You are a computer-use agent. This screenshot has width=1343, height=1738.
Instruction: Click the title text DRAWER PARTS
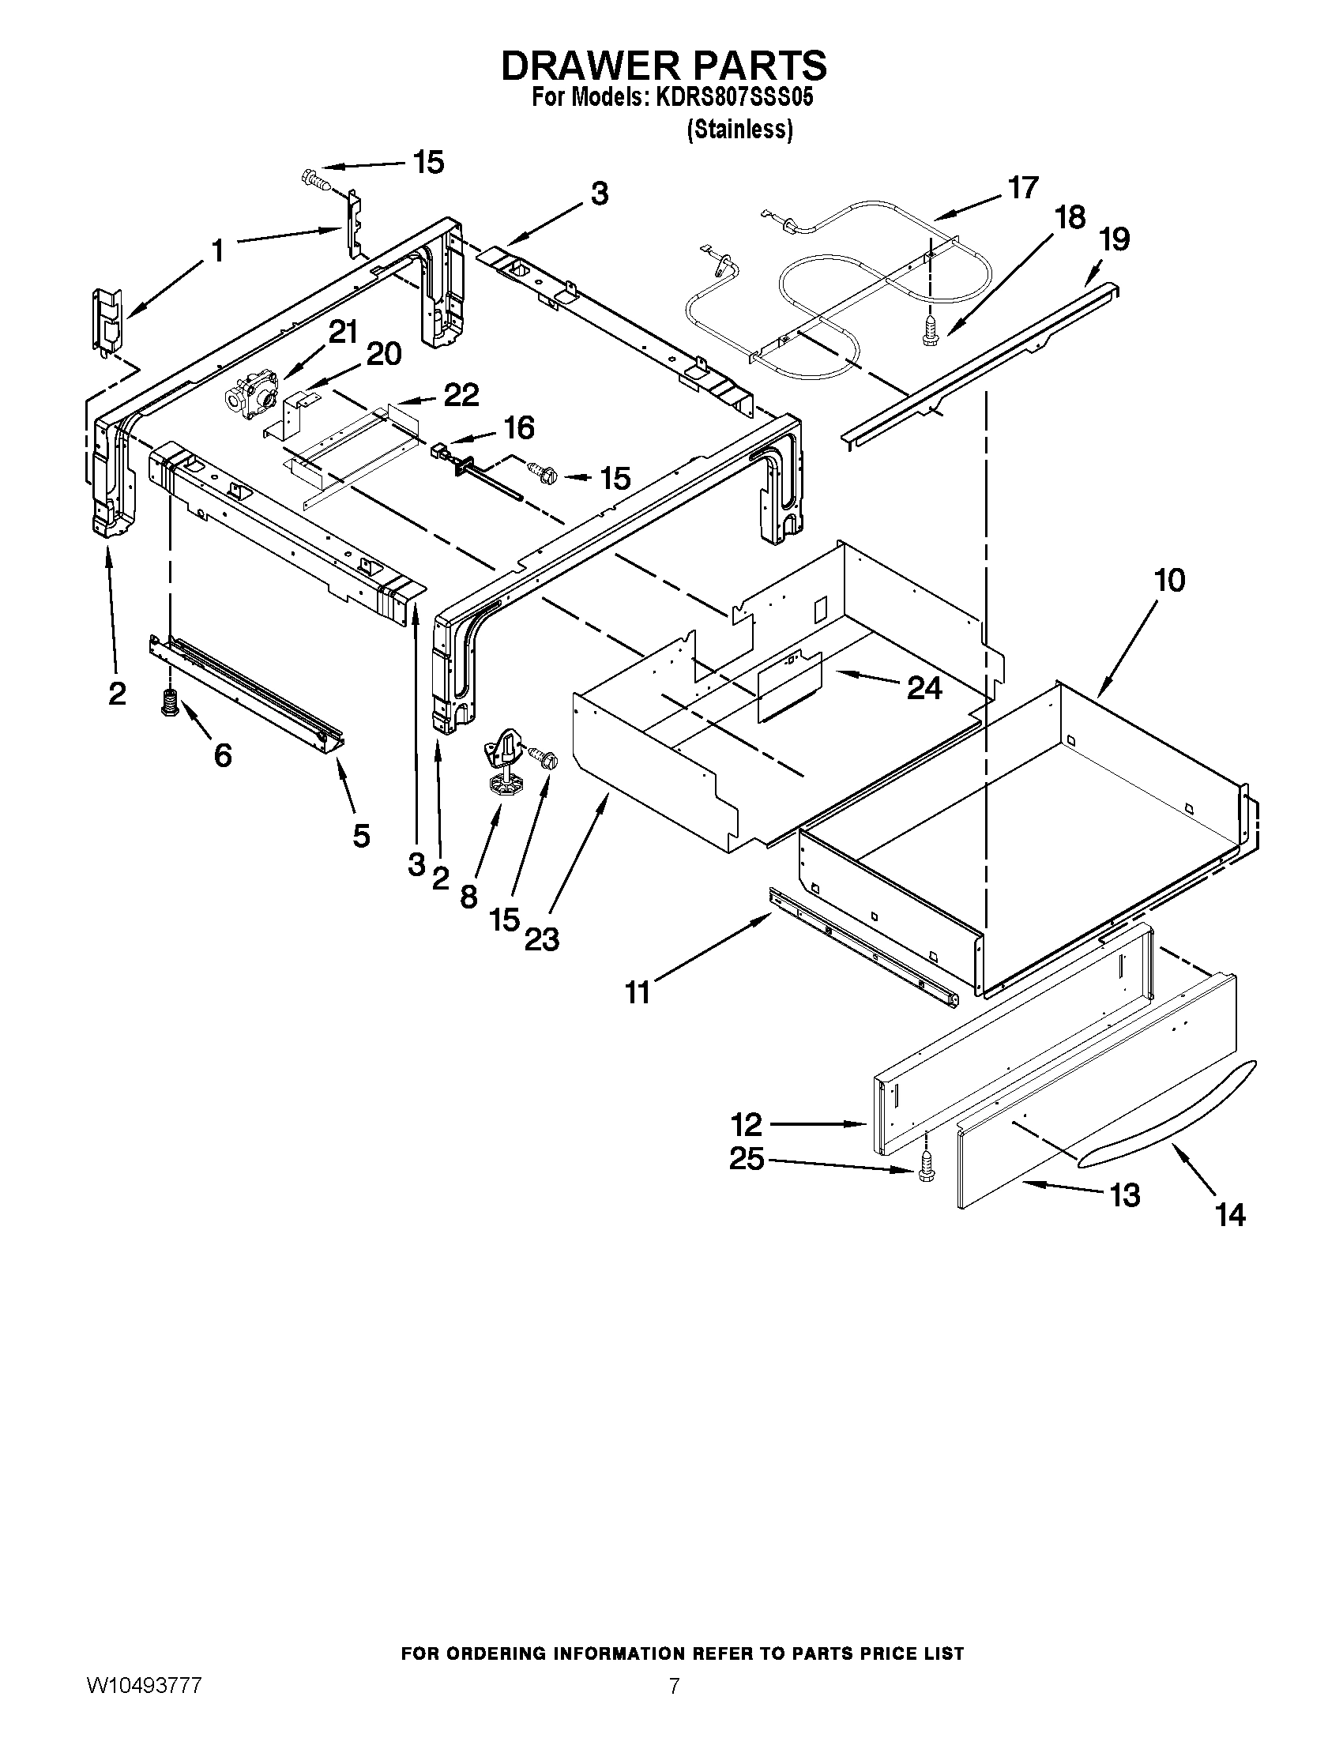(664, 66)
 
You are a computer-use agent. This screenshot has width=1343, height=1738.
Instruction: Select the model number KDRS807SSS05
(734, 98)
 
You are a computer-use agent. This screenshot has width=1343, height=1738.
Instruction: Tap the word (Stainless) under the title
(740, 129)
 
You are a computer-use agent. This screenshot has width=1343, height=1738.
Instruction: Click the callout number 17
(1022, 188)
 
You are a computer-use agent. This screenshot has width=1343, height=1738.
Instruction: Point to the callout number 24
(924, 688)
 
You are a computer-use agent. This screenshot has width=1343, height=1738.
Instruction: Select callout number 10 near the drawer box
(1168, 580)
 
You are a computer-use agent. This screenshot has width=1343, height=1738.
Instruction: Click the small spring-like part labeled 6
(167, 702)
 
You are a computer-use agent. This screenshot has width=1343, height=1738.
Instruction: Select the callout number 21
(343, 332)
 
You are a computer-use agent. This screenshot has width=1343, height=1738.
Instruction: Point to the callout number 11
(638, 992)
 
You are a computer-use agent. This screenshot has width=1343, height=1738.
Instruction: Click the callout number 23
(542, 940)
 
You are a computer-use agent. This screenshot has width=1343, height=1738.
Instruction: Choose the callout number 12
(747, 1124)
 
